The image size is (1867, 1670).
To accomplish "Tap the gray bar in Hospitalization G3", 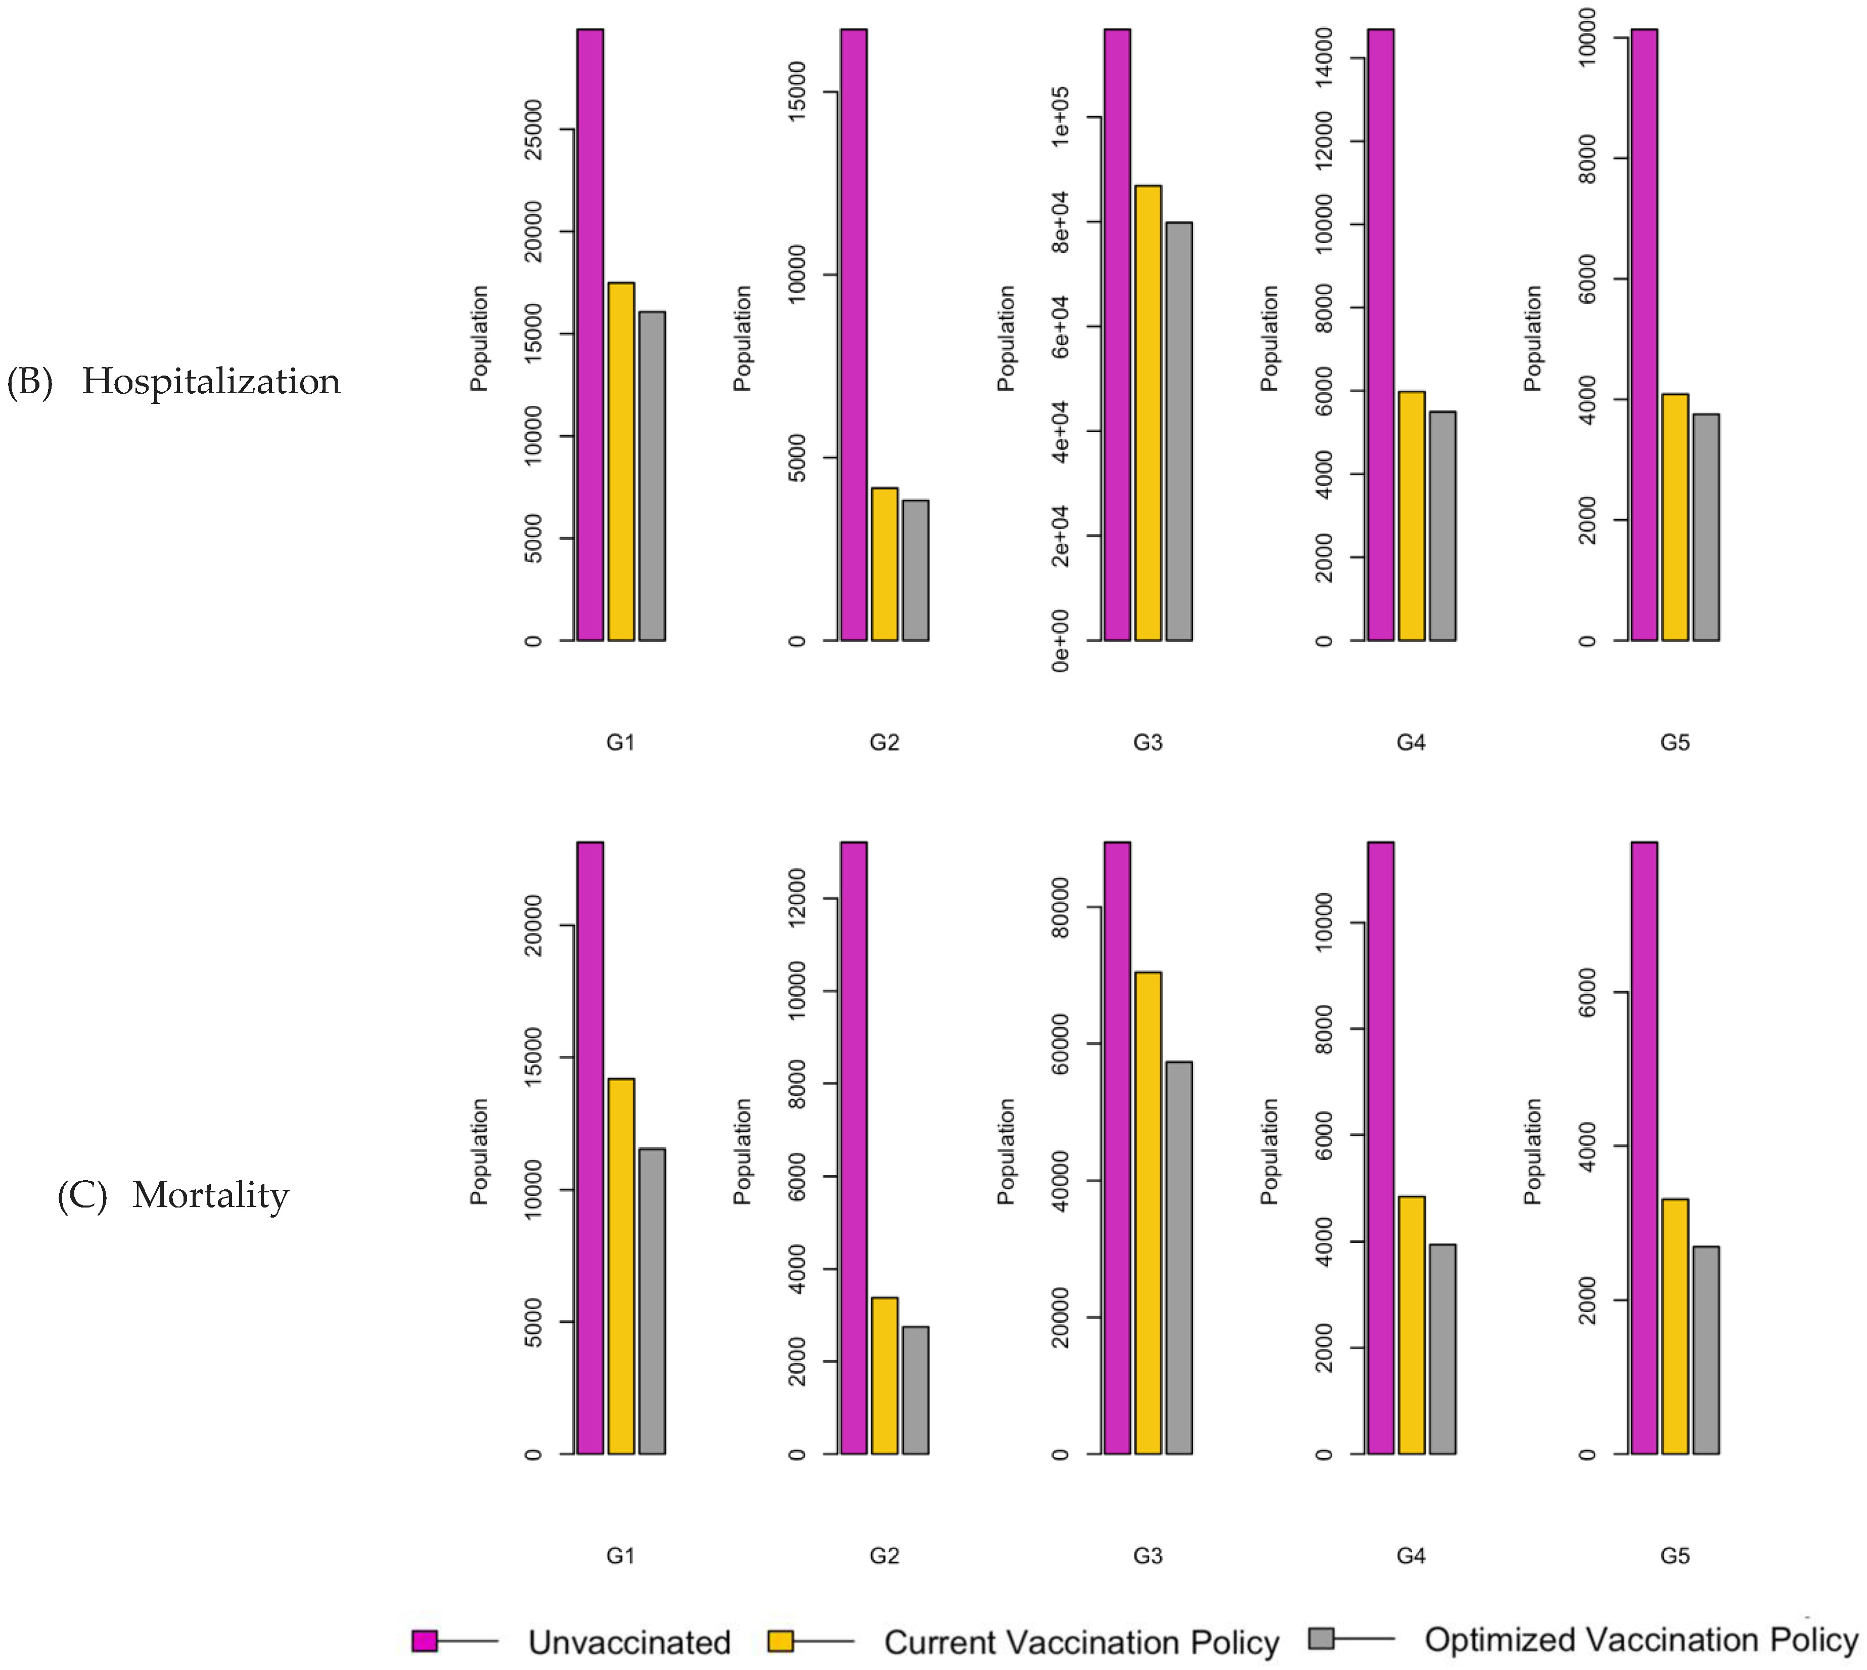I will pyautogui.click(x=1178, y=431).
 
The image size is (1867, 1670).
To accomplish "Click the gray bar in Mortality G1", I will pyautogui.click(x=652, y=1301).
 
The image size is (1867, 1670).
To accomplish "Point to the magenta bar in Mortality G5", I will pyautogui.click(x=1644, y=1147).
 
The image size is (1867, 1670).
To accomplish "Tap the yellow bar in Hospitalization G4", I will pyautogui.click(x=1411, y=516).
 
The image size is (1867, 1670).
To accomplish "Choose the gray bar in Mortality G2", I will pyautogui.click(x=915, y=1390).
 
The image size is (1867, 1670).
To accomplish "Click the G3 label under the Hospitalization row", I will pyautogui.click(x=1148, y=743).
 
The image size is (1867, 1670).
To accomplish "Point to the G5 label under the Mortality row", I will pyautogui.click(x=1674, y=1555).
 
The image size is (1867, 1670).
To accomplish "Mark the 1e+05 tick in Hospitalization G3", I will pyautogui.click(x=1060, y=117).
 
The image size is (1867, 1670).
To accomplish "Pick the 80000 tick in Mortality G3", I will pyautogui.click(x=1060, y=908).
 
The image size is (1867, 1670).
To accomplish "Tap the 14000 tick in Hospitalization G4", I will pyautogui.click(x=1324, y=58).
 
